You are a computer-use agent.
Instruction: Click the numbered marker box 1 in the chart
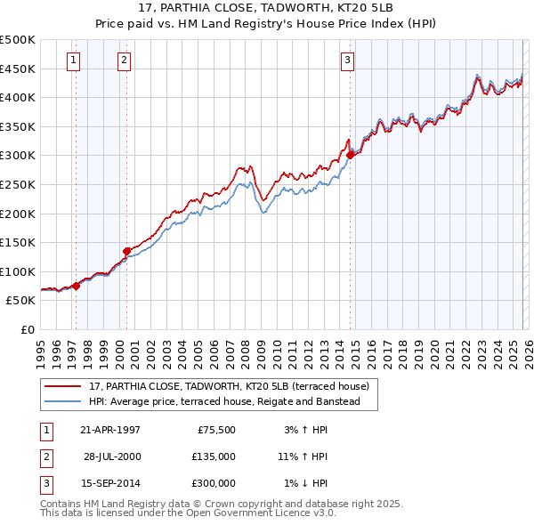tap(72, 61)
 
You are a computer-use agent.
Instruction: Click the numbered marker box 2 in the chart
tap(124, 61)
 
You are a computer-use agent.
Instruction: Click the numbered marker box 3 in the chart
tap(346, 61)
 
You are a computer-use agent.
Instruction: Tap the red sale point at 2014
tap(350, 155)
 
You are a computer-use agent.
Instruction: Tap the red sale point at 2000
tap(127, 251)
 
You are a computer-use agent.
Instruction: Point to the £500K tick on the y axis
tap(18, 40)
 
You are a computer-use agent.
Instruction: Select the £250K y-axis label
tap(18, 184)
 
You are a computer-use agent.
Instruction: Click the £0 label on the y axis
tap(28, 329)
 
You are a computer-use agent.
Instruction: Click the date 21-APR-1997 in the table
tap(109, 430)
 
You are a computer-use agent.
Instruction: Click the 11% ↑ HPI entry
tap(302, 456)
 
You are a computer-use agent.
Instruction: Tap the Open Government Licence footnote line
tap(188, 513)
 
